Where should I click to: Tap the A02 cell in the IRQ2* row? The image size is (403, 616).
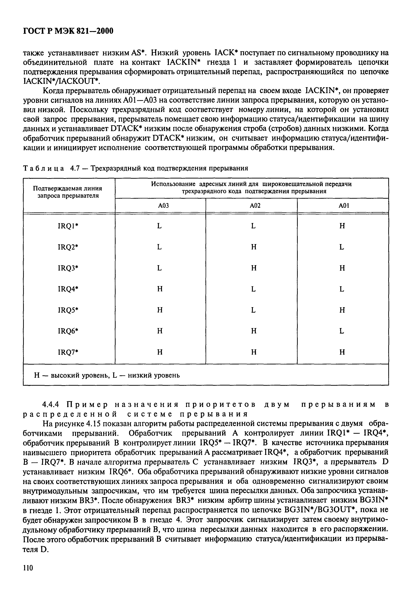254,247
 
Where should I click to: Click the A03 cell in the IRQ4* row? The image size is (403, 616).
160,289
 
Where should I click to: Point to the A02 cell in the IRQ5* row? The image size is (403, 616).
253,310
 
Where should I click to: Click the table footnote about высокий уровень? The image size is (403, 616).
107,375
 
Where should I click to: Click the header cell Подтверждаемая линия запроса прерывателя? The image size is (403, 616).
68,192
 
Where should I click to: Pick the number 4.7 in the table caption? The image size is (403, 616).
75,168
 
